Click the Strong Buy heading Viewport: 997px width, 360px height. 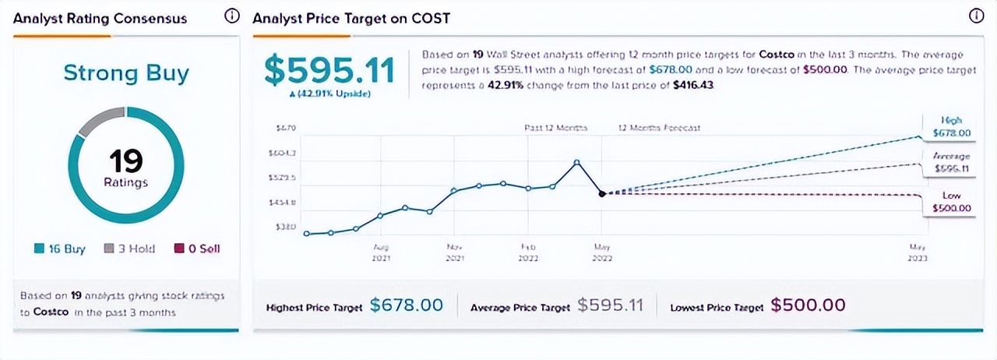click(x=126, y=74)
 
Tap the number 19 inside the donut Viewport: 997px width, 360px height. click(x=125, y=161)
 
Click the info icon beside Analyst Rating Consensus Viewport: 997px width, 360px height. click(x=231, y=16)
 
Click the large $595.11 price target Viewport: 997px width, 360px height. click(x=329, y=70)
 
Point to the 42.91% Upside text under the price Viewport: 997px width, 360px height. click(x=329, y=94)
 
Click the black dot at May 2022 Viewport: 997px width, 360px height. click(x=601, y=193)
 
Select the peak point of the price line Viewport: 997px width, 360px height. click(x=576, y=162)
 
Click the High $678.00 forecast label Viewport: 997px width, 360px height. click(x=952, y=127)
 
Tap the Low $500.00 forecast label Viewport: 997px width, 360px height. click(x=952, y=202)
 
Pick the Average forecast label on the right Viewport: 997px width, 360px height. click(x=952, y=162)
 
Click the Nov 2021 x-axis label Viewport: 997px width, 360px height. click(x=455, y=252)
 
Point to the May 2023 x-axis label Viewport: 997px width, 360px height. click(x=918, y=252)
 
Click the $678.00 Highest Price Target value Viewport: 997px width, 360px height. click(x=406, y=305)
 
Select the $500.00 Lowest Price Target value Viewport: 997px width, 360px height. click(x=808, y=305)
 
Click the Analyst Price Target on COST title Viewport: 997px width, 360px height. click(x=351, y=17)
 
